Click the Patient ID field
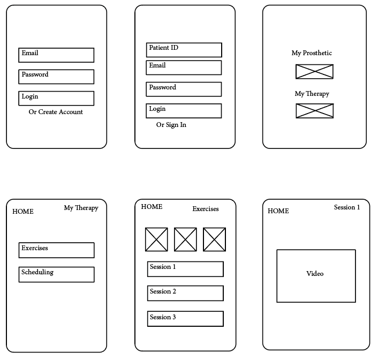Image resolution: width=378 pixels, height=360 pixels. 184,50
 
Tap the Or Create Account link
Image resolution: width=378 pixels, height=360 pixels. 56,112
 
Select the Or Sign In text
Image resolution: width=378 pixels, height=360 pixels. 171,125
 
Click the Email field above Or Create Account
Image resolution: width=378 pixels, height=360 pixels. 56,55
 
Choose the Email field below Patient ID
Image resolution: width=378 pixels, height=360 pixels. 184,67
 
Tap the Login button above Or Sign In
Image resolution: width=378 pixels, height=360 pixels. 184,111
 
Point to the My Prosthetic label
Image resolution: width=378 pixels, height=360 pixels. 312,53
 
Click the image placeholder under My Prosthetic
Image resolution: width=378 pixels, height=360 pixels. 314,72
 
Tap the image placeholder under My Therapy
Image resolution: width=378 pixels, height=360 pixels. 314,111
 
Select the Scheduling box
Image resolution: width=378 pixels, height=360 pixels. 56,274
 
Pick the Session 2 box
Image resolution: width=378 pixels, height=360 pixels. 185,293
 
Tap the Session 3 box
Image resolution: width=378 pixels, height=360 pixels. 185,319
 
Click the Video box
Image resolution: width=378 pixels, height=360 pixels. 316,275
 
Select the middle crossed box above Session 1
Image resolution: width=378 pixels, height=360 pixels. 185,239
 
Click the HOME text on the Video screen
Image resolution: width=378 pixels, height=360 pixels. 278,211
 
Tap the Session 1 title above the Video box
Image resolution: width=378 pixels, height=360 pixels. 347,207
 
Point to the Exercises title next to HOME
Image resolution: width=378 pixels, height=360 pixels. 206,209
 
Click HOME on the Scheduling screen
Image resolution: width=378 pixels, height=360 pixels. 23,212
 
